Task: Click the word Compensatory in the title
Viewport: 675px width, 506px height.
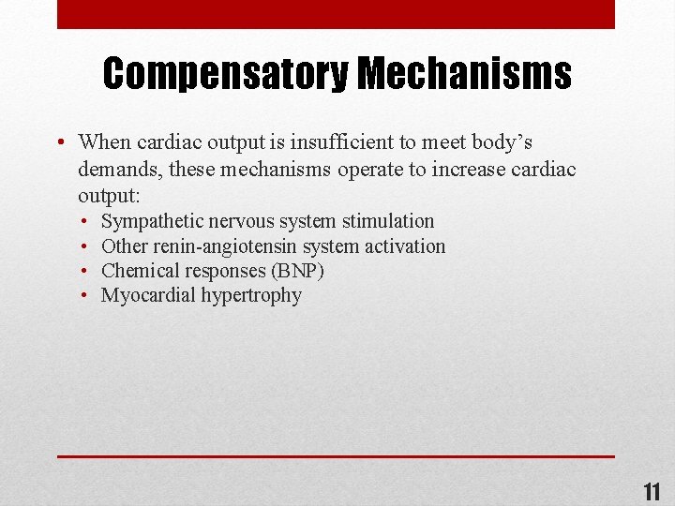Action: click(x=226, y=73)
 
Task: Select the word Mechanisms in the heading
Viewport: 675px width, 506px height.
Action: click(x=464, y=73)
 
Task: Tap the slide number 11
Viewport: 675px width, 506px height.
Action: click(x=652, y=492)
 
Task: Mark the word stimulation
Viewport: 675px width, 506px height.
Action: click(x=388, y=221)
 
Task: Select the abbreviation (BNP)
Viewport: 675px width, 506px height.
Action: click(x=297, y=271)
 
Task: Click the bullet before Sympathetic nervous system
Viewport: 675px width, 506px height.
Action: click(x=84, y=222)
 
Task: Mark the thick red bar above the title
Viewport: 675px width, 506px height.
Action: click(x=336, y=14)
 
